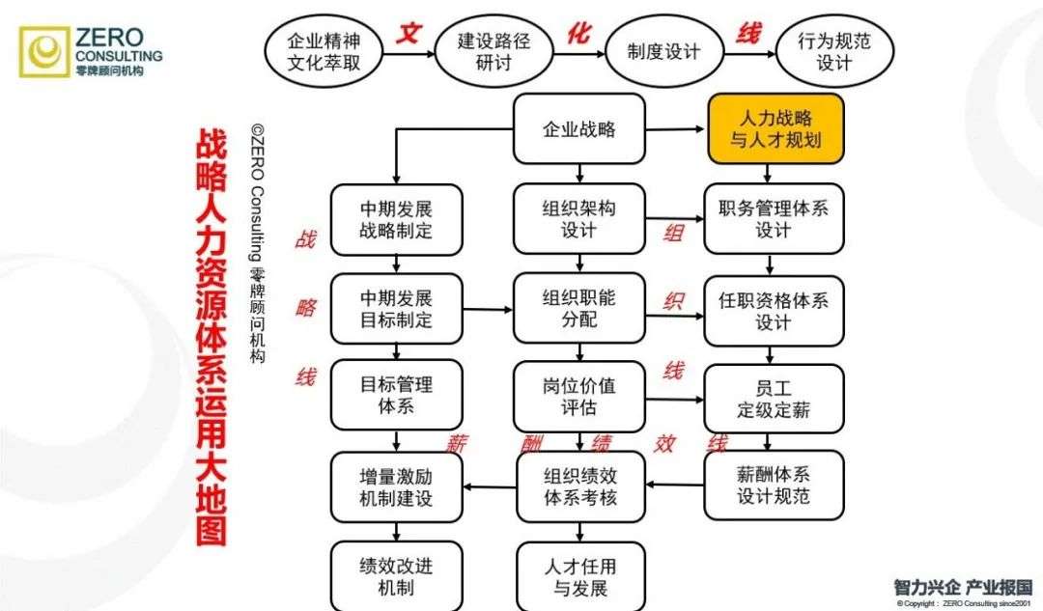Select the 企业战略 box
click(579, 128)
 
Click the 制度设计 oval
click(663, 51)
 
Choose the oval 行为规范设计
click(834, 51)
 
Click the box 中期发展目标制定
click(396, 307)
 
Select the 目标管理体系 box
click(396, 395)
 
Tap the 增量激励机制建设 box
click(396, 486)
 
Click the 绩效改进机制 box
click(396, 575)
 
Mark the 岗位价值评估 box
click(579, 395)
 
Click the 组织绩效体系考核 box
click(579, 486)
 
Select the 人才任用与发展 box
click(579, 575)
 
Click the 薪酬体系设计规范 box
click(774, 486)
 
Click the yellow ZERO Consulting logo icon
click(43, 52)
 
